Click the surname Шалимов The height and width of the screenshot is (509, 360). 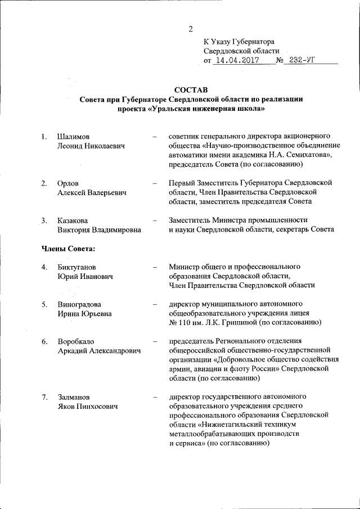[73, 137]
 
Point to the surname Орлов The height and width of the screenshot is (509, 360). [69, 183]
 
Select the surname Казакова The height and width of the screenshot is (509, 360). [73, 220]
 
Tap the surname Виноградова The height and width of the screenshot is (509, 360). [80, 304]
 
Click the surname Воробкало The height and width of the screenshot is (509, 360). [76, 341]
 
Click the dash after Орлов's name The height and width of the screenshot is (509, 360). [154, 183]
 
